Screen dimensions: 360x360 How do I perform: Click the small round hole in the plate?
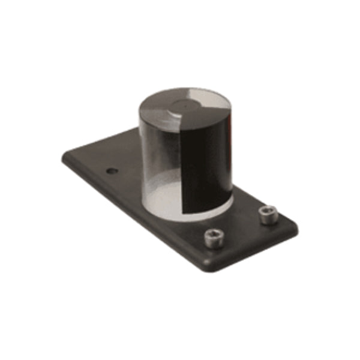(x=112, y=171)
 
